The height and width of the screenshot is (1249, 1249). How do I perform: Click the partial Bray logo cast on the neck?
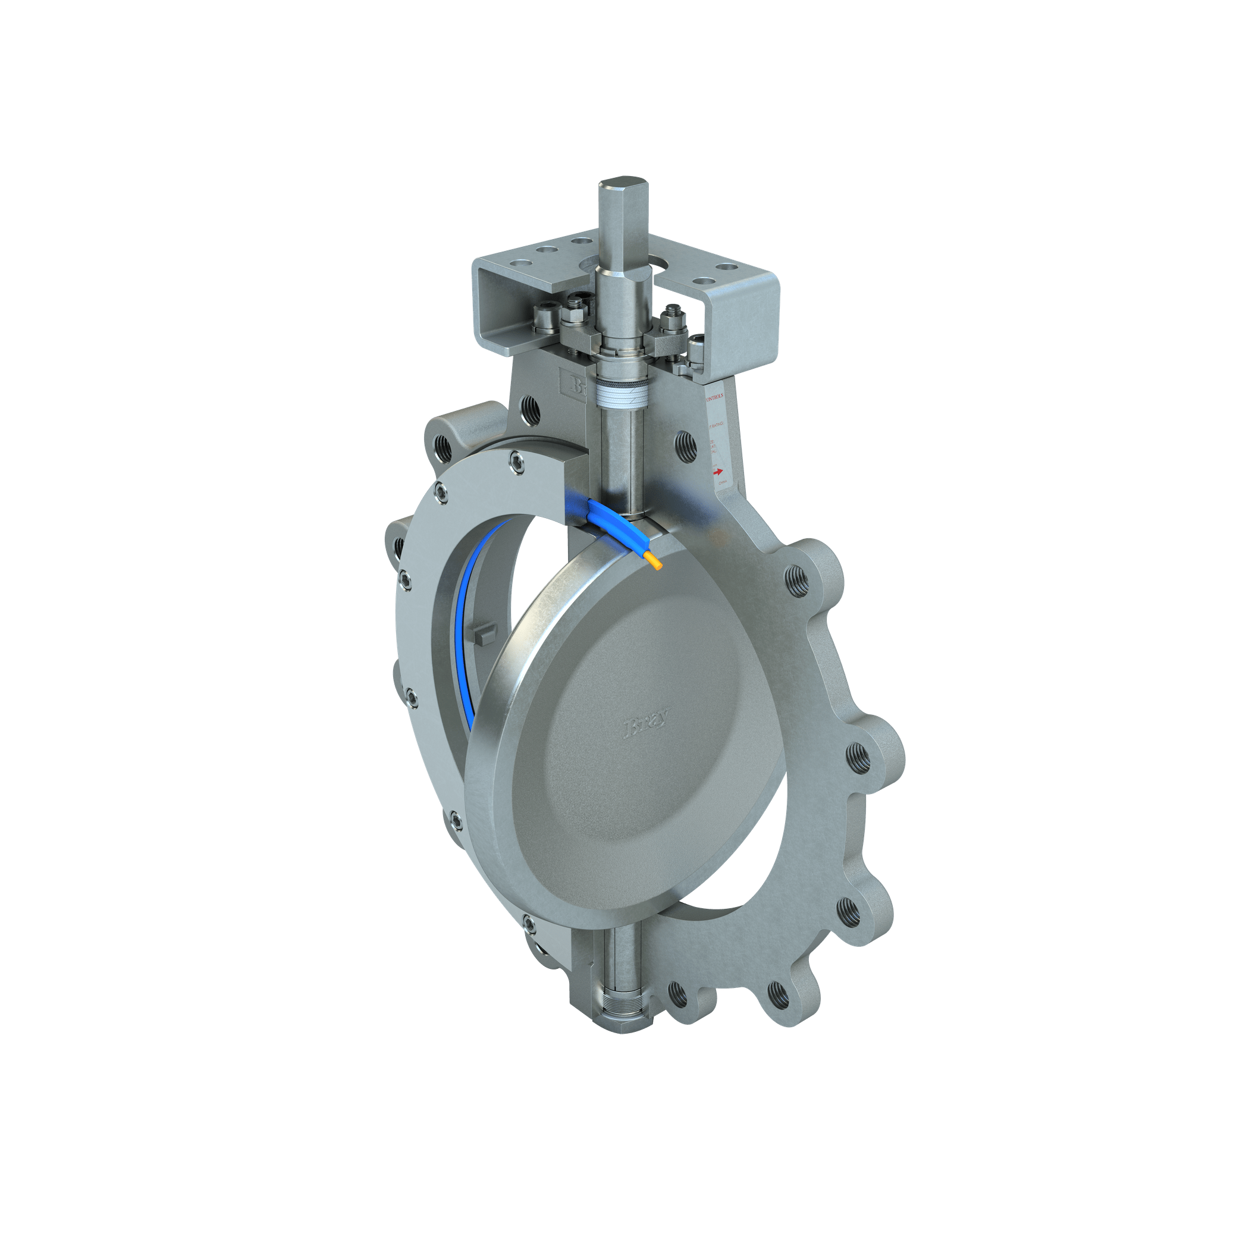(573, 386)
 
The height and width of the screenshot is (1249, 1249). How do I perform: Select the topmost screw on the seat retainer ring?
(517, 461)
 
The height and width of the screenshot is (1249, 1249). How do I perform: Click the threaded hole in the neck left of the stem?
(530, 411)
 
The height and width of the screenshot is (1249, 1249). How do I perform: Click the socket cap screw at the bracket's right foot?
(698, 350)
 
